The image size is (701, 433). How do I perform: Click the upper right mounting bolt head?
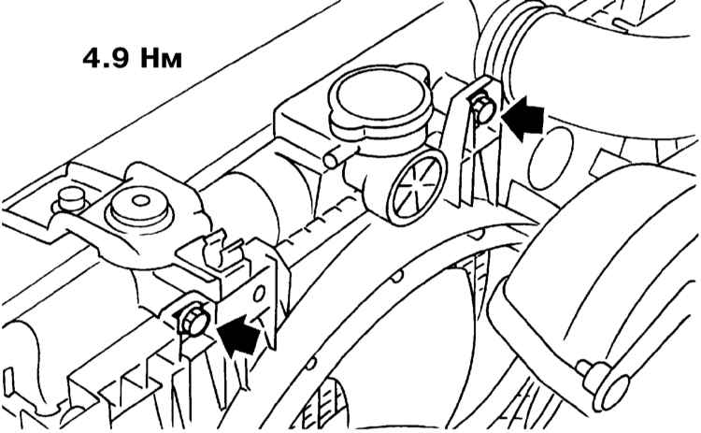481,110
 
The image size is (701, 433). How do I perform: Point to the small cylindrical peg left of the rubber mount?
68,199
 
